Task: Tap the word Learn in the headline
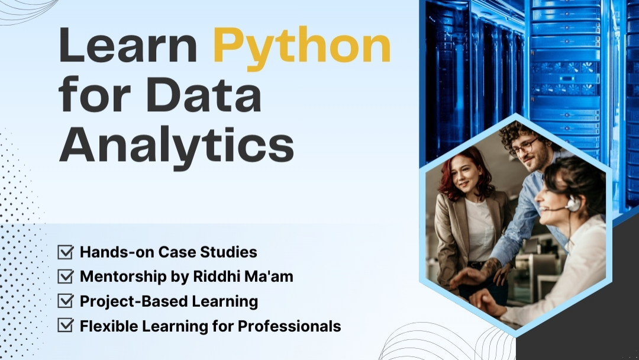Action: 128,45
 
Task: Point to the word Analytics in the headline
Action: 176,146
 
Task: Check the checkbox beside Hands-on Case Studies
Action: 65,252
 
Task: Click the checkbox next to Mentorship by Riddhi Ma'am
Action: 65,277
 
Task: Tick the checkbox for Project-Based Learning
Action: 65,301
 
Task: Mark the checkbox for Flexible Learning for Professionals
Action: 65,325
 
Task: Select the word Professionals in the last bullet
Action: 289,326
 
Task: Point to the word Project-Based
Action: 134,302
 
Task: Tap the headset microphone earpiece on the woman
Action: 573,203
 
